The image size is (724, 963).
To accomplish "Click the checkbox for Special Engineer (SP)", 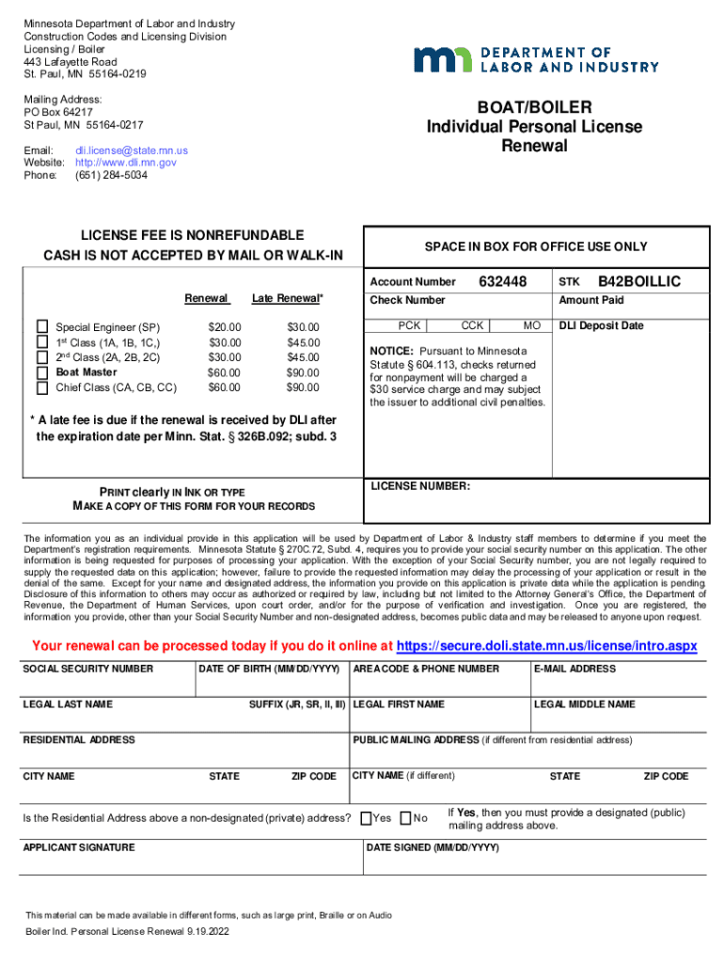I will coord(41,326).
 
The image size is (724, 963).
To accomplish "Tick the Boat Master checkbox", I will coord(41,372).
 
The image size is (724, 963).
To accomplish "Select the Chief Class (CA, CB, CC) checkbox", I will coord(41,387).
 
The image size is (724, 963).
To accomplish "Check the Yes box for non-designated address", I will coord(367,818).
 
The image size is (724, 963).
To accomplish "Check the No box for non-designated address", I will coord(406,818).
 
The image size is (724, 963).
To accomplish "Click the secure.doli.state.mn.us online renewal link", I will coord(546,646).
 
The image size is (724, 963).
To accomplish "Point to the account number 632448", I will coord(503,282).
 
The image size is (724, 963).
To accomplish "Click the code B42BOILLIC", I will coord(639,282).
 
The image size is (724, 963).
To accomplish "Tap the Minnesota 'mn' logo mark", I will coord(446,59).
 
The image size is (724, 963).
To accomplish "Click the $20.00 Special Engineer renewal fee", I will coord(224,327).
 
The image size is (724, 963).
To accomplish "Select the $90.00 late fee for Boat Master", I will coord(303,372).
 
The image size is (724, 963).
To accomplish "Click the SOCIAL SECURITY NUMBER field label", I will coord(87,669).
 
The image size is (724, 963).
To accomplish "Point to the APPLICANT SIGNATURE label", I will coord(78,847).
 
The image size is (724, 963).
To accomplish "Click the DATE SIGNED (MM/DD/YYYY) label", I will coord(433,847).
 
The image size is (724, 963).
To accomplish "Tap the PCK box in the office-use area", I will coord(409,325).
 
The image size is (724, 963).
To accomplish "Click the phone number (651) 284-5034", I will coord(111,175).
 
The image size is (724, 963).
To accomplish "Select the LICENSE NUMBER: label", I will coord(420,486).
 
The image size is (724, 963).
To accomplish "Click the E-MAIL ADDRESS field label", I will coord(574,669).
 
